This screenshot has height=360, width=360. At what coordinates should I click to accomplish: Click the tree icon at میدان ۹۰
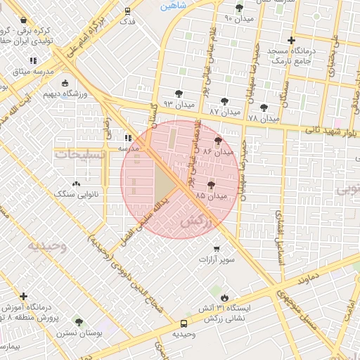point(239,8)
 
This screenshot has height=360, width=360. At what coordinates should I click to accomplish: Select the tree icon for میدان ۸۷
point(225,101)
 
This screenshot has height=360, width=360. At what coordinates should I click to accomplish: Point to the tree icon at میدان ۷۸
point(264,108)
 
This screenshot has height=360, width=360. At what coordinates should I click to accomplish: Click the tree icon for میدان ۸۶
point(217,141)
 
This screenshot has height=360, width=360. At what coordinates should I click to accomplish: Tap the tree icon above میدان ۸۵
point(211,184)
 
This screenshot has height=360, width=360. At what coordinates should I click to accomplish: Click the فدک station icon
point(127,11)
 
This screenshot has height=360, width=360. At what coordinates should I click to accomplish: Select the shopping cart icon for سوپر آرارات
point(216,248)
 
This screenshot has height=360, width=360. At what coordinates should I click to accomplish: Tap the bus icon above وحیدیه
point(184,323)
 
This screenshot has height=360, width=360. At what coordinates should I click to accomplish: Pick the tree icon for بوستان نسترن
point(78,321)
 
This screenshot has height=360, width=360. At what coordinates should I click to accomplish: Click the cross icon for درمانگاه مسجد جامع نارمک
point(292,40)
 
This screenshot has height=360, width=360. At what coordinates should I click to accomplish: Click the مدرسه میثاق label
point(32,72)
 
